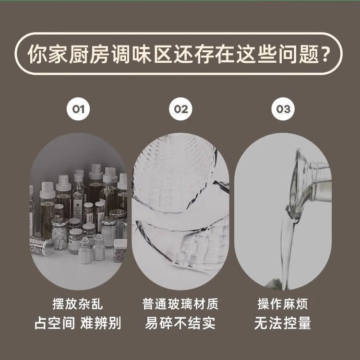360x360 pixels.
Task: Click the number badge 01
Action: coord(78,109)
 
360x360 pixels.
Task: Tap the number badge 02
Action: coord(180,109)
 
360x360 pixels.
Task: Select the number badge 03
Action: coord(283,109)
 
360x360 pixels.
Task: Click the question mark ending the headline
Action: coord(325,54)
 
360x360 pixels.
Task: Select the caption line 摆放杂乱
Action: coord(78,304)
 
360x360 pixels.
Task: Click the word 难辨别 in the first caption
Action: coord(101,323)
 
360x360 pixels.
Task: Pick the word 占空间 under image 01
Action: coord(55,323)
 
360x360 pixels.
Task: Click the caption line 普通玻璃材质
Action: coord(180,304)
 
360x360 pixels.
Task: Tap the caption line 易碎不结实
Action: coord(180,323)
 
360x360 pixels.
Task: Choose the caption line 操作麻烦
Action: coord(283,304)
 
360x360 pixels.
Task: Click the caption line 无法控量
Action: coord(283,323)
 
